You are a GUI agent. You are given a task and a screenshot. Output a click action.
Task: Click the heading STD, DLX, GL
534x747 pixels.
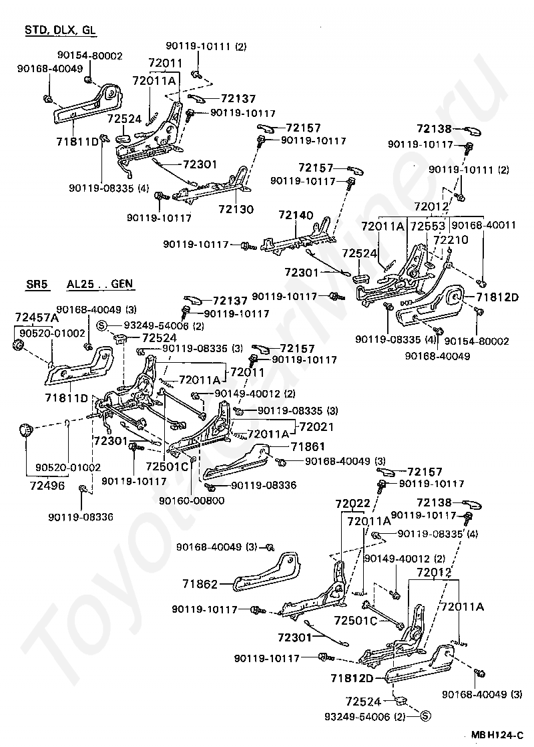click(61, 29)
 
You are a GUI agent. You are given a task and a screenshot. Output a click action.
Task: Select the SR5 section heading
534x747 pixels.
click(37, 285)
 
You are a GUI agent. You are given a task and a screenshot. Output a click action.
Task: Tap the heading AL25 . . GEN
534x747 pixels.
click(100, 285)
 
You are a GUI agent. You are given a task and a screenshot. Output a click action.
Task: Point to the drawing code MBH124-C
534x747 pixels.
click(497, 734)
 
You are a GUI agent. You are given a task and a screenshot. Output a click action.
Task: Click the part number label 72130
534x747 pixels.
click(236, 208)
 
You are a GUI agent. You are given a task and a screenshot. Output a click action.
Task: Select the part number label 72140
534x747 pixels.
click(296, 215)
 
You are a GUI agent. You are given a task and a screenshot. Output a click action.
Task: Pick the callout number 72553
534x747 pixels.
click(428, 225)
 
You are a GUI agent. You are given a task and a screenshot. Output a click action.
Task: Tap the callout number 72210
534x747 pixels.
click(451, 240)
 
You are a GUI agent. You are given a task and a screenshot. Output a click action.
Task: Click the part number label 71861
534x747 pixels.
click(308, 446)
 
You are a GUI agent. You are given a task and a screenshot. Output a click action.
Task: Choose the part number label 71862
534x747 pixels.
click(200, 583)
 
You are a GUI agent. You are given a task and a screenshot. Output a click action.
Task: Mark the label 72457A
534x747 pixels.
click(37, 317)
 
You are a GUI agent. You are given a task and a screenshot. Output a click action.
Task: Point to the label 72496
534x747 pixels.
click(47, 486)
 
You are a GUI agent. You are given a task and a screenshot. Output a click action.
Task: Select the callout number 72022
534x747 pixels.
click(352, 504)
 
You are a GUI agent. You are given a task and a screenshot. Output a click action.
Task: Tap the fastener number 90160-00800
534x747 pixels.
click(192, 500)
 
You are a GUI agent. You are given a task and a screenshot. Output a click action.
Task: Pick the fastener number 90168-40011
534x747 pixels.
click(483, 225)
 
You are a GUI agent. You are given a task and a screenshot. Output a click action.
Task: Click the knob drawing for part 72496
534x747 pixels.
click(25, 430)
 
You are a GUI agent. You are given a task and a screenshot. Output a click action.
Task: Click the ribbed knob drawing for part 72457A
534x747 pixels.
click(18, 345)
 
